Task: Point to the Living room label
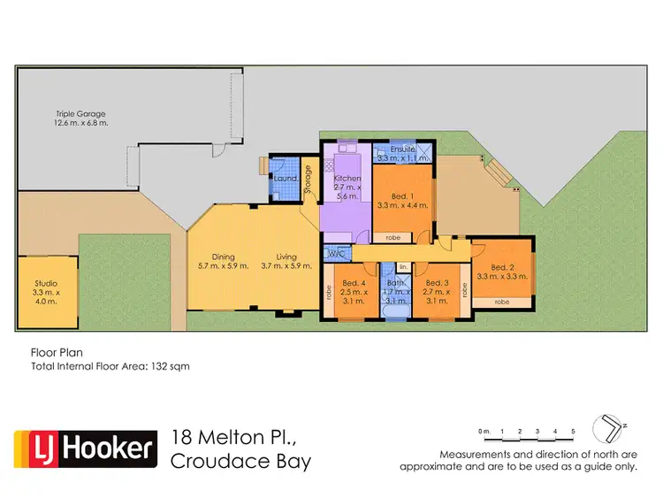(286, 257)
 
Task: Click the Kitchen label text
(346, 179)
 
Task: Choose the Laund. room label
(285, 179)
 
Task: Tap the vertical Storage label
(308, 180)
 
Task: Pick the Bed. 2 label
(501, 268)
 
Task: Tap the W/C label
(335, 254)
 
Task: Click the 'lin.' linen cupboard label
(402, 266)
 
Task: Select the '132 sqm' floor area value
(170, 365)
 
